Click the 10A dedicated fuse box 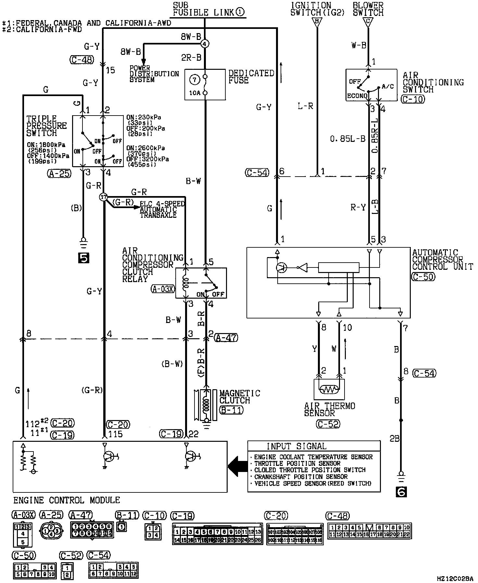pos(205,84)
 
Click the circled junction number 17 pos(103,197)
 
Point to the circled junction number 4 pos(205,43)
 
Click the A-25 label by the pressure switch pos(59,174)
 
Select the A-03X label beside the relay pos(163,289)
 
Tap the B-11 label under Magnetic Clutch pos(231,410)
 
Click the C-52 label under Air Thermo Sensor pos(329,424)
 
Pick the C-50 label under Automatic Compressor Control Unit pos(423,277)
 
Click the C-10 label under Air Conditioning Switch pos(413,99)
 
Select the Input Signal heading pos(296,446)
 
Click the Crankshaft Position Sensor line pos(300,477)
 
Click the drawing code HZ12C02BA pos(455,578)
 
